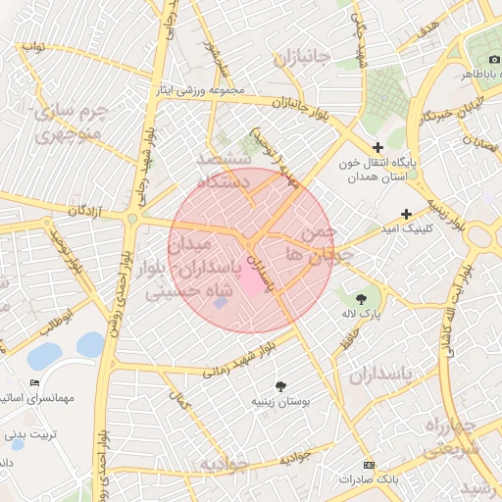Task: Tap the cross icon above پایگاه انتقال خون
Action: tap(377, 147)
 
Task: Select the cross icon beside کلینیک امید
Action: tap(406, 213)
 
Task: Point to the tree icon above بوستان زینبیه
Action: tap(282, 385)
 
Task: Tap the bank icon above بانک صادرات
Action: tap(369, 464)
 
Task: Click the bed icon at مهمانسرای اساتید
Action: tap(35, 382)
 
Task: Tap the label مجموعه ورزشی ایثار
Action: tap(205, 90)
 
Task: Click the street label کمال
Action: tap(178, 400)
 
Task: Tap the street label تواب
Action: tap(35, 45)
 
